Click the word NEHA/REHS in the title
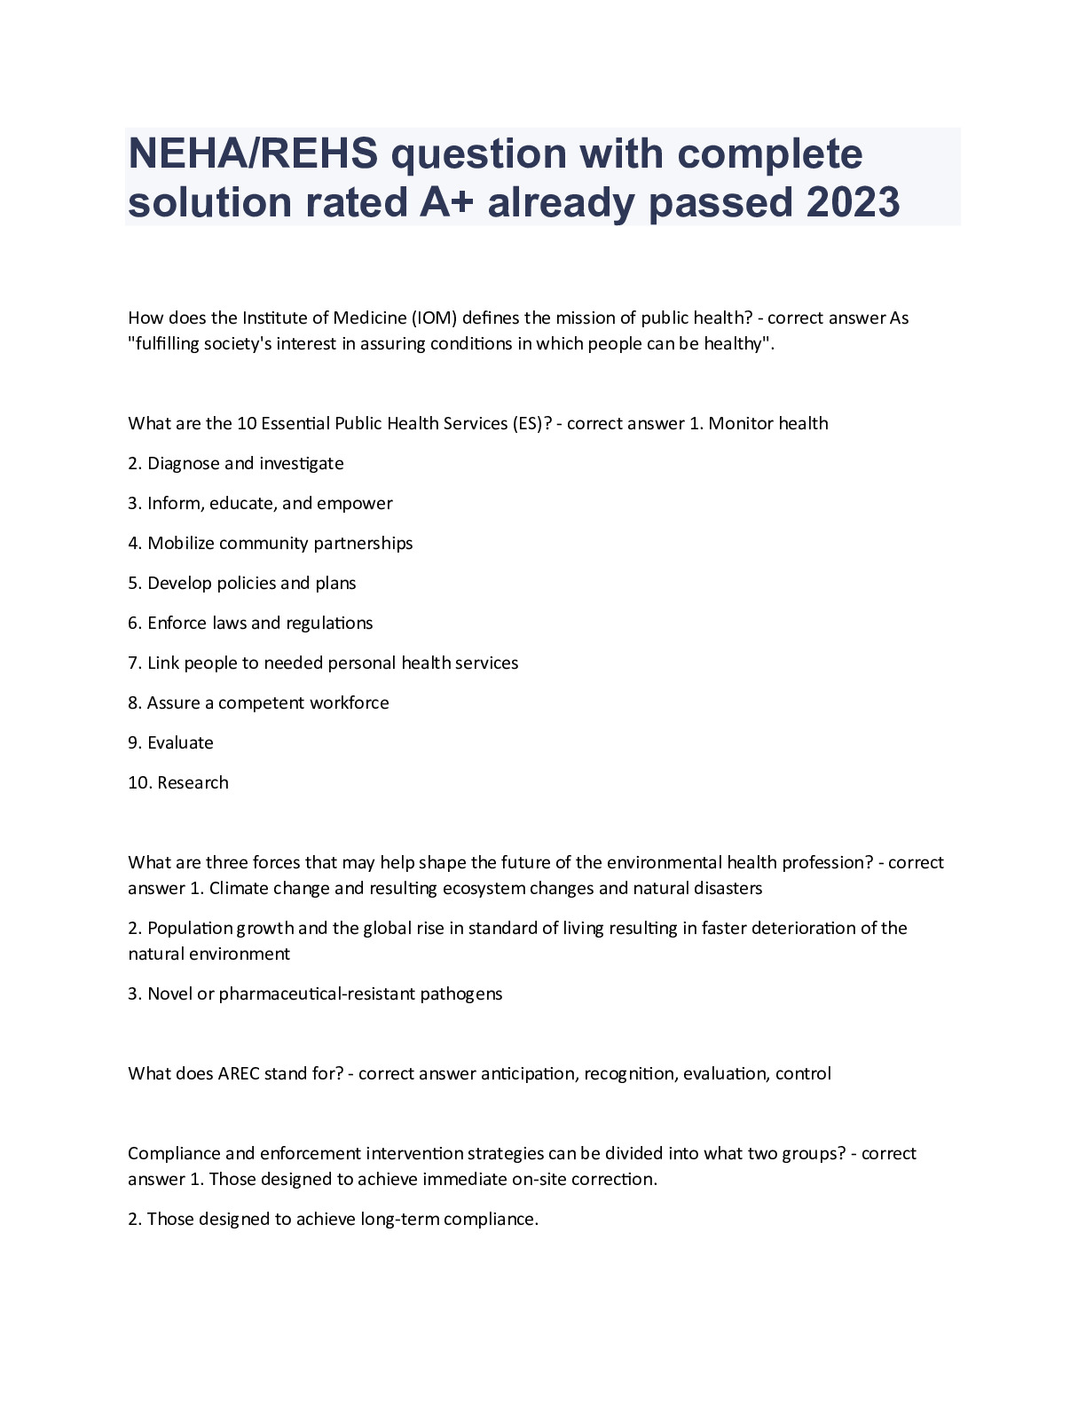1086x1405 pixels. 253,154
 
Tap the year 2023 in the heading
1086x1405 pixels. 854,202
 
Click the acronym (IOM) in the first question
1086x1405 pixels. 434,318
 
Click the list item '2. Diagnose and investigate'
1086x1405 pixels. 236,463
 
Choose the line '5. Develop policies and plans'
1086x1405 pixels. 242,583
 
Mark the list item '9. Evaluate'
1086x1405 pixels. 171,742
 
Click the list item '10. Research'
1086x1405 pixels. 178,782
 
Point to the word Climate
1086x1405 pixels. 236,888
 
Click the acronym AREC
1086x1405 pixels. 239,1073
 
